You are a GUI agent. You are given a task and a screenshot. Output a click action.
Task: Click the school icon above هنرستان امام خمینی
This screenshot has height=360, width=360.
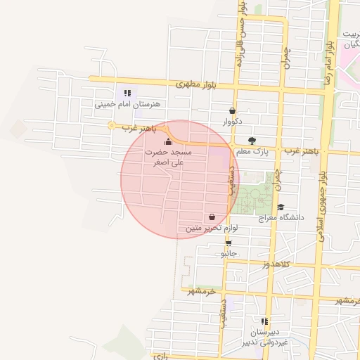click(127, 93)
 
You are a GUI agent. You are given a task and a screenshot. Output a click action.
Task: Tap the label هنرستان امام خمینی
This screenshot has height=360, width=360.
click(128, 104)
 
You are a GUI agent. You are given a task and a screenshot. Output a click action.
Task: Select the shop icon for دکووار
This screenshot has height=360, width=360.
click(232, 110)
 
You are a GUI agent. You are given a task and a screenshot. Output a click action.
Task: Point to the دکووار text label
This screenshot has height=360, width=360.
click(232, 122)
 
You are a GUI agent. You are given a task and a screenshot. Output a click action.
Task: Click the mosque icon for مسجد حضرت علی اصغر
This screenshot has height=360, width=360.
click(167, 143)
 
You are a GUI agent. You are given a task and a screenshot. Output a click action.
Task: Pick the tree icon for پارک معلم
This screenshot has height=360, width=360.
click(252, 141)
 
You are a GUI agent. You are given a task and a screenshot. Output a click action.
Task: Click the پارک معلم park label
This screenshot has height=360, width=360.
click(252, 151)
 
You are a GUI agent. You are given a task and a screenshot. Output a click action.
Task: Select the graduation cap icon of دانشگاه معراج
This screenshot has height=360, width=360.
click(281, 207)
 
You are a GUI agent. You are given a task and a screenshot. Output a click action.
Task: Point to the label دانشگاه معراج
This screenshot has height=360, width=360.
click(281, 218)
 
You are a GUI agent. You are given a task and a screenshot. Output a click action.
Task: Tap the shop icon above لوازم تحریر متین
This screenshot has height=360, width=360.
click(212, 217)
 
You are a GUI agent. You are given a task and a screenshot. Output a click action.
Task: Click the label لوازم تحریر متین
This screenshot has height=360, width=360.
click(213, 229)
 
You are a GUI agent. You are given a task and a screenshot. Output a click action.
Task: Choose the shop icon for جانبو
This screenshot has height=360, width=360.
click(229, 243)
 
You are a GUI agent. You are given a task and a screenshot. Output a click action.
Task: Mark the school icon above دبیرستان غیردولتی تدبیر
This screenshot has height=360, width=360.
click(264, 321)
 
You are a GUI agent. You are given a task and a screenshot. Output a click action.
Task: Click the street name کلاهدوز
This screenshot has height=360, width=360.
click(257, 264)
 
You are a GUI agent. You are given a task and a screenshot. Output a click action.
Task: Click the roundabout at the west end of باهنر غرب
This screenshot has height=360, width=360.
click(111, 126)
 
